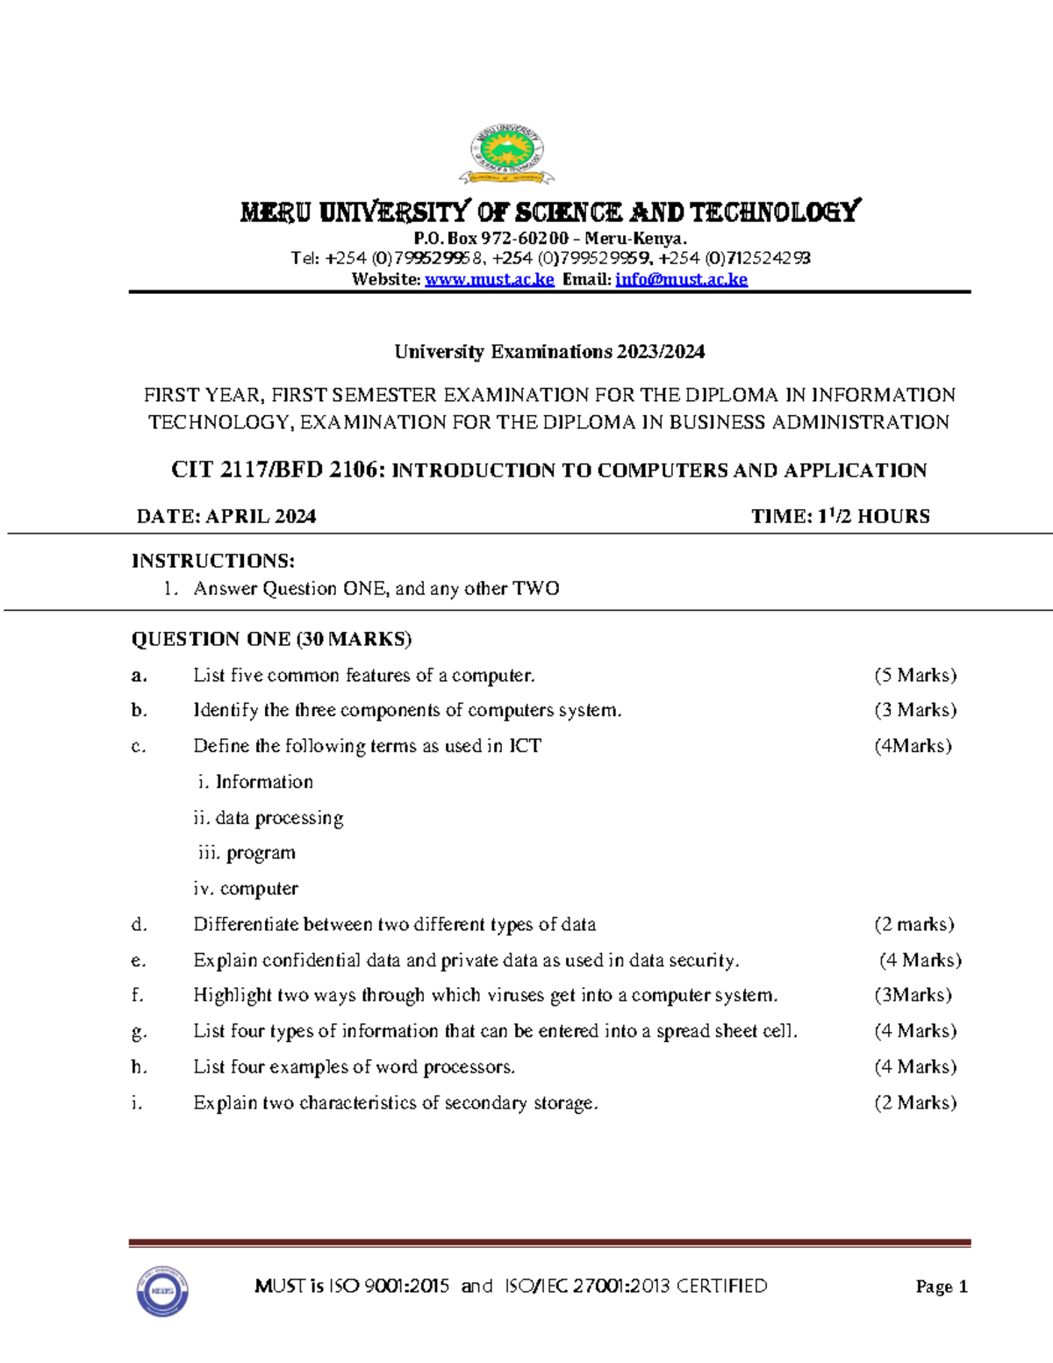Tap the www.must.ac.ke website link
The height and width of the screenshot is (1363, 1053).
490,279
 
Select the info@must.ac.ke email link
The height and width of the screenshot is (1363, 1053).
681,279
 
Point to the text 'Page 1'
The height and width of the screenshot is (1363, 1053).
941,1287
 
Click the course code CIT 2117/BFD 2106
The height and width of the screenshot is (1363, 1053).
277,470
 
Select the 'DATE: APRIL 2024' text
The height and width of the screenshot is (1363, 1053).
226,516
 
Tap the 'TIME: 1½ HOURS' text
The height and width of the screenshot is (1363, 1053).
840,516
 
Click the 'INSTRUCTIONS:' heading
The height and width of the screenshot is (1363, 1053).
213,561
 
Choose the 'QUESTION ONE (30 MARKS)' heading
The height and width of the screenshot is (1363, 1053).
271,639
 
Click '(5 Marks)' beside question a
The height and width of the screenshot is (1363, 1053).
915,675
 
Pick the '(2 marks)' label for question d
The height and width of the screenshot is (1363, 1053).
913,924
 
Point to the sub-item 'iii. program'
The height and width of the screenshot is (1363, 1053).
247,853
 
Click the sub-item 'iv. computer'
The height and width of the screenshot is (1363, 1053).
246,888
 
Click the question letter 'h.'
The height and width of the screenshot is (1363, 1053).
139,1067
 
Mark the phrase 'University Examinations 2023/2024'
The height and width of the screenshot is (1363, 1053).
549,352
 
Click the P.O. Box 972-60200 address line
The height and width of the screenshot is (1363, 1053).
550,239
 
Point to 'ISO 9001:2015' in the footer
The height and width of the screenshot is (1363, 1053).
388,1287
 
